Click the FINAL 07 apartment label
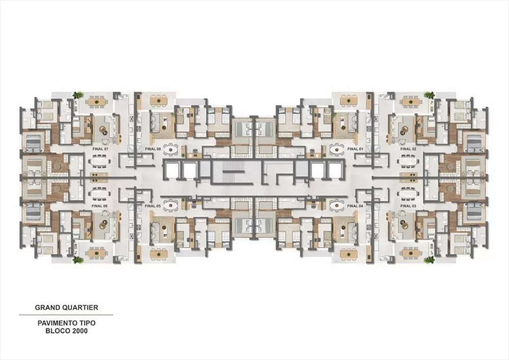click(x=100, y=149)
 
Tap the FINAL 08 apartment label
click(x=153, y=149)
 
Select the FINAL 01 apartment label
click(x=355, y=149)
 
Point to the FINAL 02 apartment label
click(x=408, y=149)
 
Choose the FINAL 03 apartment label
click(x=408, y=206)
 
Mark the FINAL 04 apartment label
click(x=355, y=206)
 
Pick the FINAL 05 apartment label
click(x=153, y=206)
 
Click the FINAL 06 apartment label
click(x=100, y=206)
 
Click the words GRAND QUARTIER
click(x=66, y=308)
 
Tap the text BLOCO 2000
click(x=66, y=331)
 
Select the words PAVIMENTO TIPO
click(x=66, y=323)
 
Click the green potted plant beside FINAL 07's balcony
click(x=78, y=95)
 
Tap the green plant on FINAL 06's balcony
click(x=78, y=260)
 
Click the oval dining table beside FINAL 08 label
click(x=172, y=149)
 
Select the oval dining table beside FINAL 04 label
click(x=337, y=205)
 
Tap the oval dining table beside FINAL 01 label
click(x=337, y=149)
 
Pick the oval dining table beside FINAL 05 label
click(x=172, y=205)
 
